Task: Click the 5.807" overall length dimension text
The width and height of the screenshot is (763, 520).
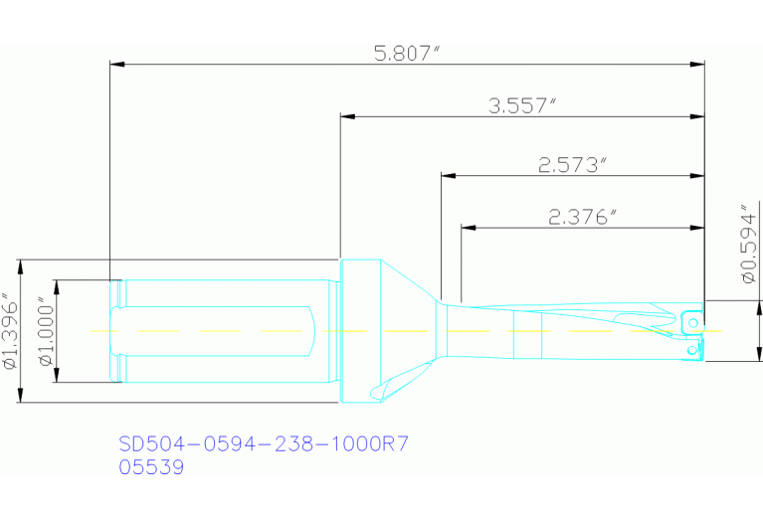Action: tap(406, 54)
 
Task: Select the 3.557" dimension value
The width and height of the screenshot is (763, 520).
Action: tap(520, 106)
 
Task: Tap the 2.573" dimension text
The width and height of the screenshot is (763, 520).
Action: tap(572, 166)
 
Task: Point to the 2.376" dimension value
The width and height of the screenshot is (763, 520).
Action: tap(583, 218)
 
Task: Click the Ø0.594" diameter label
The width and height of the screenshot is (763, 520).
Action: tap(747, 245)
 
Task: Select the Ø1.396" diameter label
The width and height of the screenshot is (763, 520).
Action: tap(10, 331)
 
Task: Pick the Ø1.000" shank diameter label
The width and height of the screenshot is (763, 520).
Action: tap(45, 331)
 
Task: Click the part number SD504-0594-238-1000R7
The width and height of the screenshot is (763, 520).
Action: tap(264, 443)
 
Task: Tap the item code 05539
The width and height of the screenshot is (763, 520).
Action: tap(151, 467)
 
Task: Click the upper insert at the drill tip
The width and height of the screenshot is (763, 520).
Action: tap(690, 321)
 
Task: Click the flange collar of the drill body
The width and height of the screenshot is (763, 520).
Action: tap(359, 330)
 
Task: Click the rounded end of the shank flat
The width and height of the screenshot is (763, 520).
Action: tap(316, 330)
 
